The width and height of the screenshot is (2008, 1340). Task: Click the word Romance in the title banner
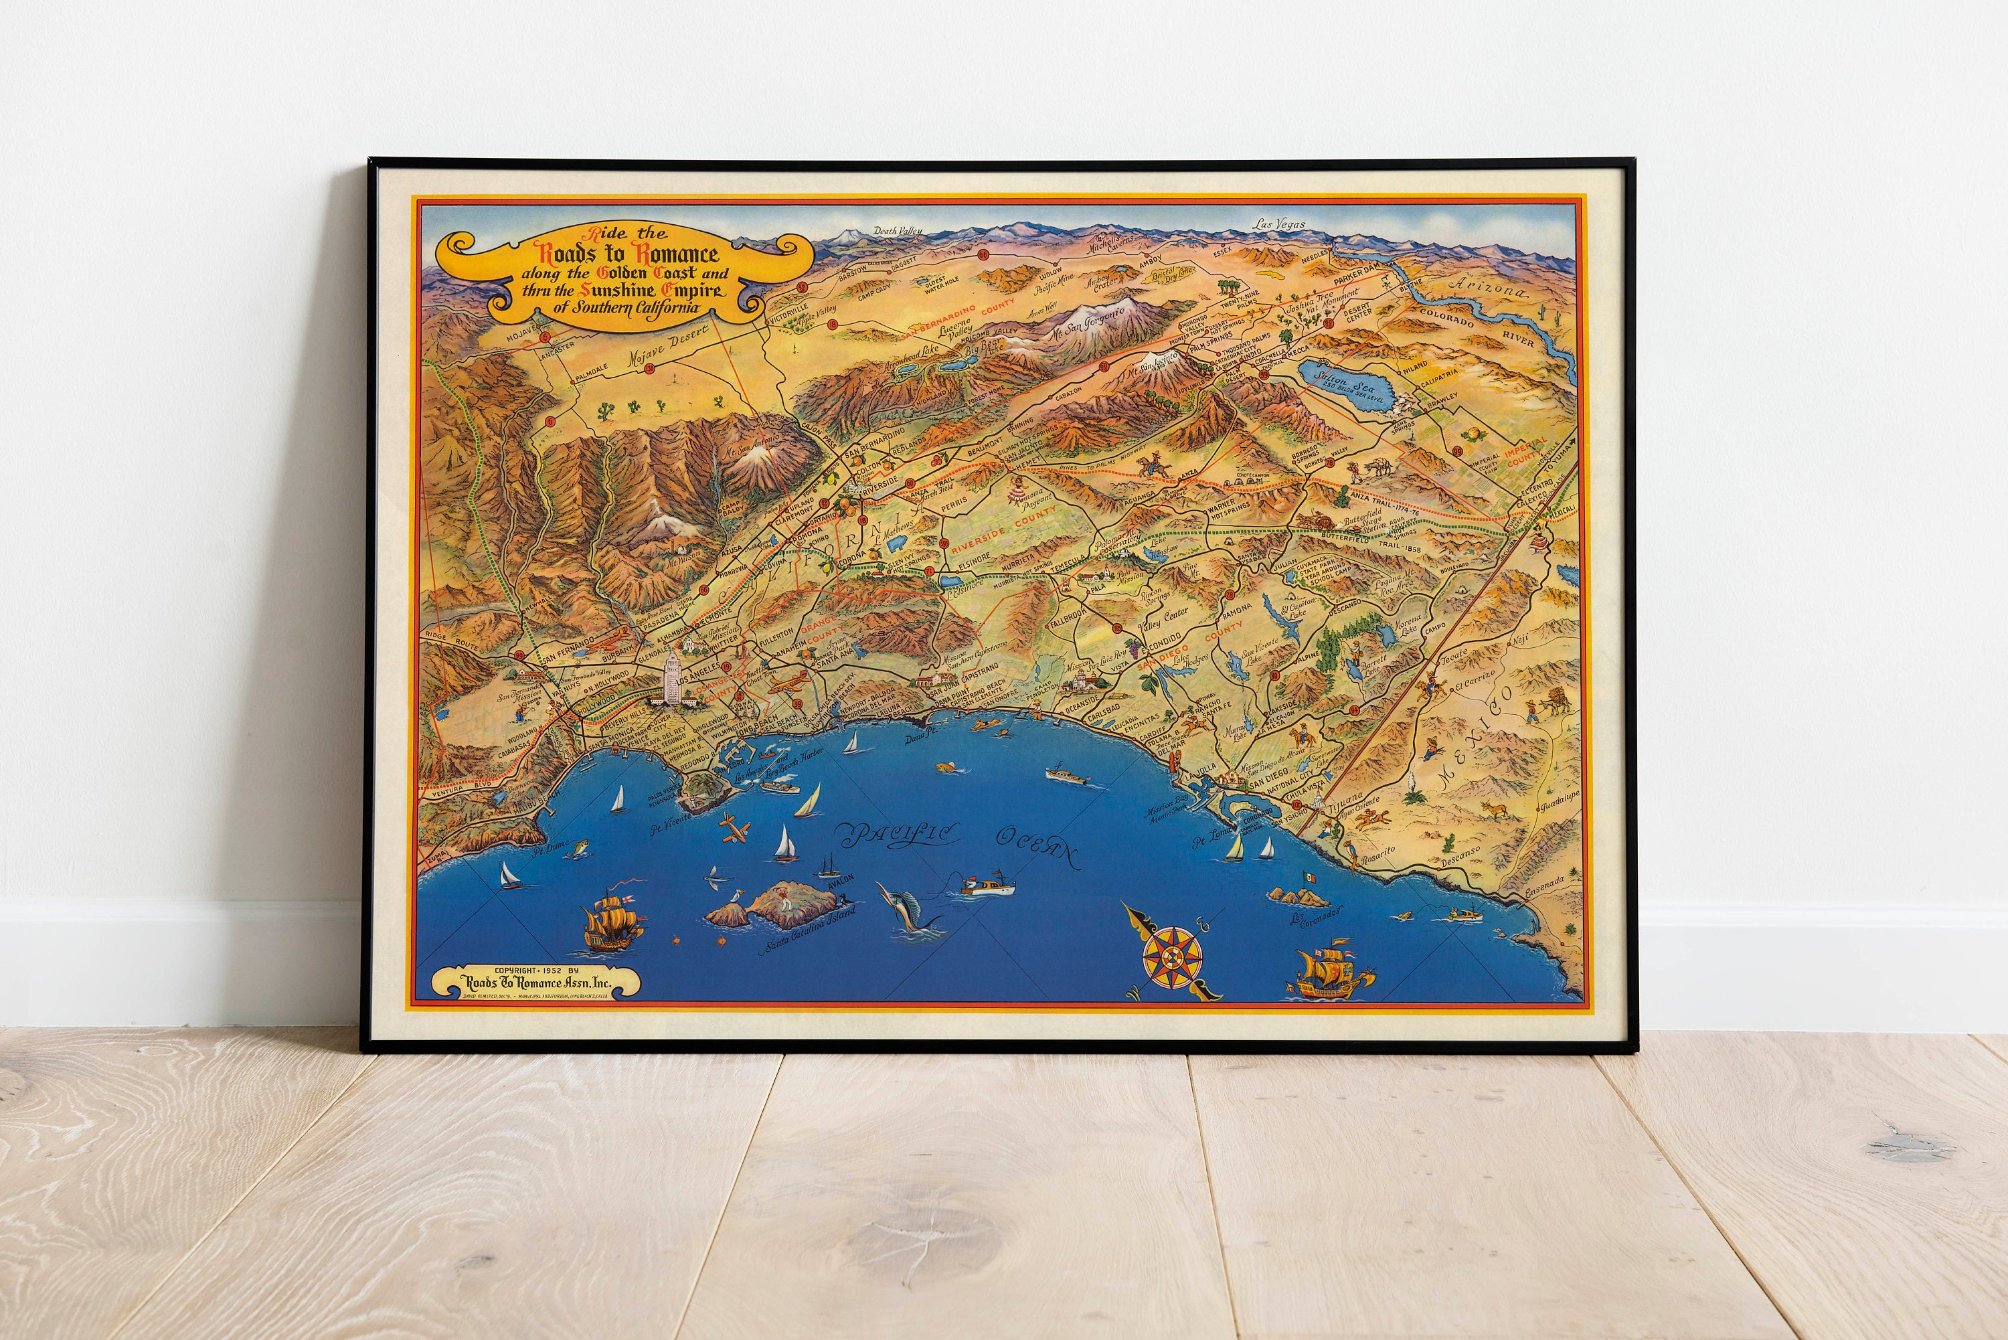675,254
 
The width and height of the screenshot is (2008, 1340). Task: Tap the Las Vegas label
1279,224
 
